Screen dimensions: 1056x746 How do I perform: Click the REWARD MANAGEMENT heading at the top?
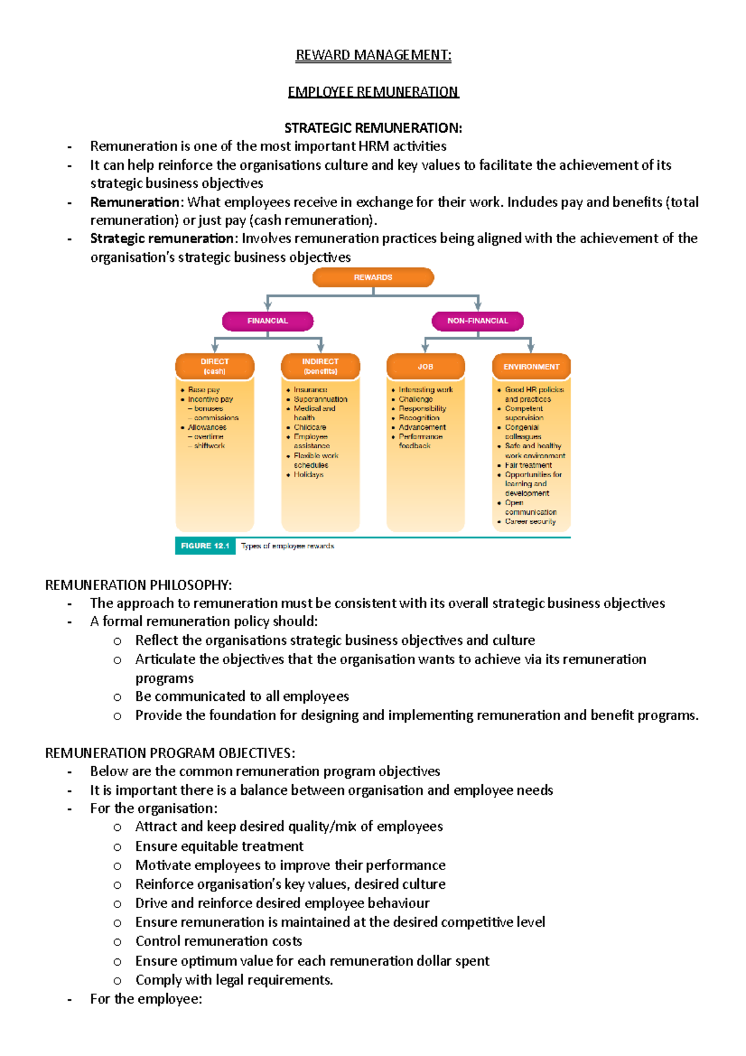(x=373, y=55)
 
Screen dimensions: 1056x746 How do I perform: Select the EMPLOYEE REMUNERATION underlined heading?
(x=373, y=92)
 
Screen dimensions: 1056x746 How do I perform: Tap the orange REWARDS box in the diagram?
(x=373, y=277)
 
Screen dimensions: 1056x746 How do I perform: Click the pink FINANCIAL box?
(x=267, y=321)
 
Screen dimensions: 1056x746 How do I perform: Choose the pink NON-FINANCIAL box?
(x=477, y=321)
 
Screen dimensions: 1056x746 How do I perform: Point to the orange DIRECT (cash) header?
(x=214, y=366)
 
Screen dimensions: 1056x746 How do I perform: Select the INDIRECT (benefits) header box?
(x=320, y=366)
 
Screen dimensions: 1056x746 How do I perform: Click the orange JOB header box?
(x=425, y=367)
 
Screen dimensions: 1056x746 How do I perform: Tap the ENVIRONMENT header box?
(x=531, y=367)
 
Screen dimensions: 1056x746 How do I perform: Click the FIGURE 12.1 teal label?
(x=205, y=545)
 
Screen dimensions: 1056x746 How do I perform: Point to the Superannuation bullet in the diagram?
(x=320, y=399)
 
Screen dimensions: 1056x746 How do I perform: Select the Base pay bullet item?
(x=204, y=390)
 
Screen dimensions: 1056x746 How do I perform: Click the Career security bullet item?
(x=530, y=522)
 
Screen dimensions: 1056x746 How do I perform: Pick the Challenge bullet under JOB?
(x=416, y=399)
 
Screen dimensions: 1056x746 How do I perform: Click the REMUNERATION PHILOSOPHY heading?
(x=139, y=585)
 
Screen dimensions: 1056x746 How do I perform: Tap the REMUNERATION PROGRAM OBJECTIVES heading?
(x=170, y=753)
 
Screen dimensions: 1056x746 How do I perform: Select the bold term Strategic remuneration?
(x=162, y=239)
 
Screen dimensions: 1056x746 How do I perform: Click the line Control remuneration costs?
(x=219, y=942)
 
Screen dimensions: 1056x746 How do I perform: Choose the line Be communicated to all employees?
(x=242, y=697)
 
